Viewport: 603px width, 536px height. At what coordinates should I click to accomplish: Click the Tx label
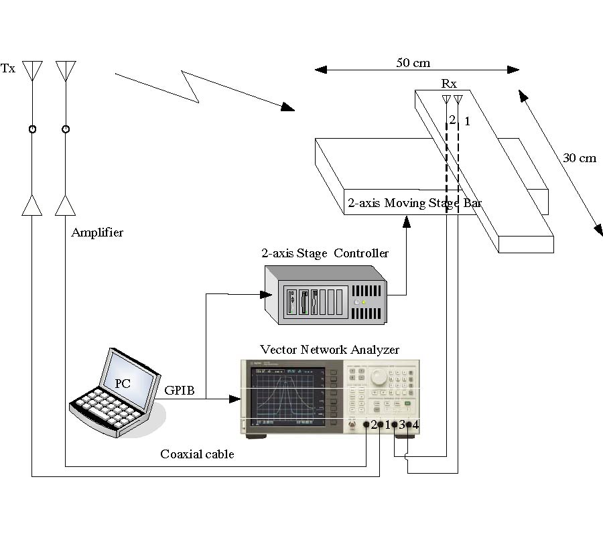pos(8,68)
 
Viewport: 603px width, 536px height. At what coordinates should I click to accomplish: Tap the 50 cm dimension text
pos(413,63)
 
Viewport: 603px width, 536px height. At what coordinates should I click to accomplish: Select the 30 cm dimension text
pos(579,159)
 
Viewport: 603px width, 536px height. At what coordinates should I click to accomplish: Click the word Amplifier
pos(97,232)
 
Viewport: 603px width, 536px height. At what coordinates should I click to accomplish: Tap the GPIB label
pos(179,390)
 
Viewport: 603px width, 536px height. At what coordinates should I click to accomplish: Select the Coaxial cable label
pos(197,454)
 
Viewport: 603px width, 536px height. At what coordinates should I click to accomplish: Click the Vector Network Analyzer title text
pos(329,349)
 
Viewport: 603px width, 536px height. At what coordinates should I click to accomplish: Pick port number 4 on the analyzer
pos(415,425)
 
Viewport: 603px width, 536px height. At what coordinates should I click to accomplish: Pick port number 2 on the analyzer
pos(373,425)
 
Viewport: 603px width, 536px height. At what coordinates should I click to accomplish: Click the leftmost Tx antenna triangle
pos(32,68)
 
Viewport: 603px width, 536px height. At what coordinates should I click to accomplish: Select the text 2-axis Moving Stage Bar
pos(414,202)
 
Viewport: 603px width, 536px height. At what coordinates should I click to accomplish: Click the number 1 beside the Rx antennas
pos(468,121)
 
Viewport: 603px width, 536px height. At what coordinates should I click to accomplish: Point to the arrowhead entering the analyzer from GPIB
pos(235,399)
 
